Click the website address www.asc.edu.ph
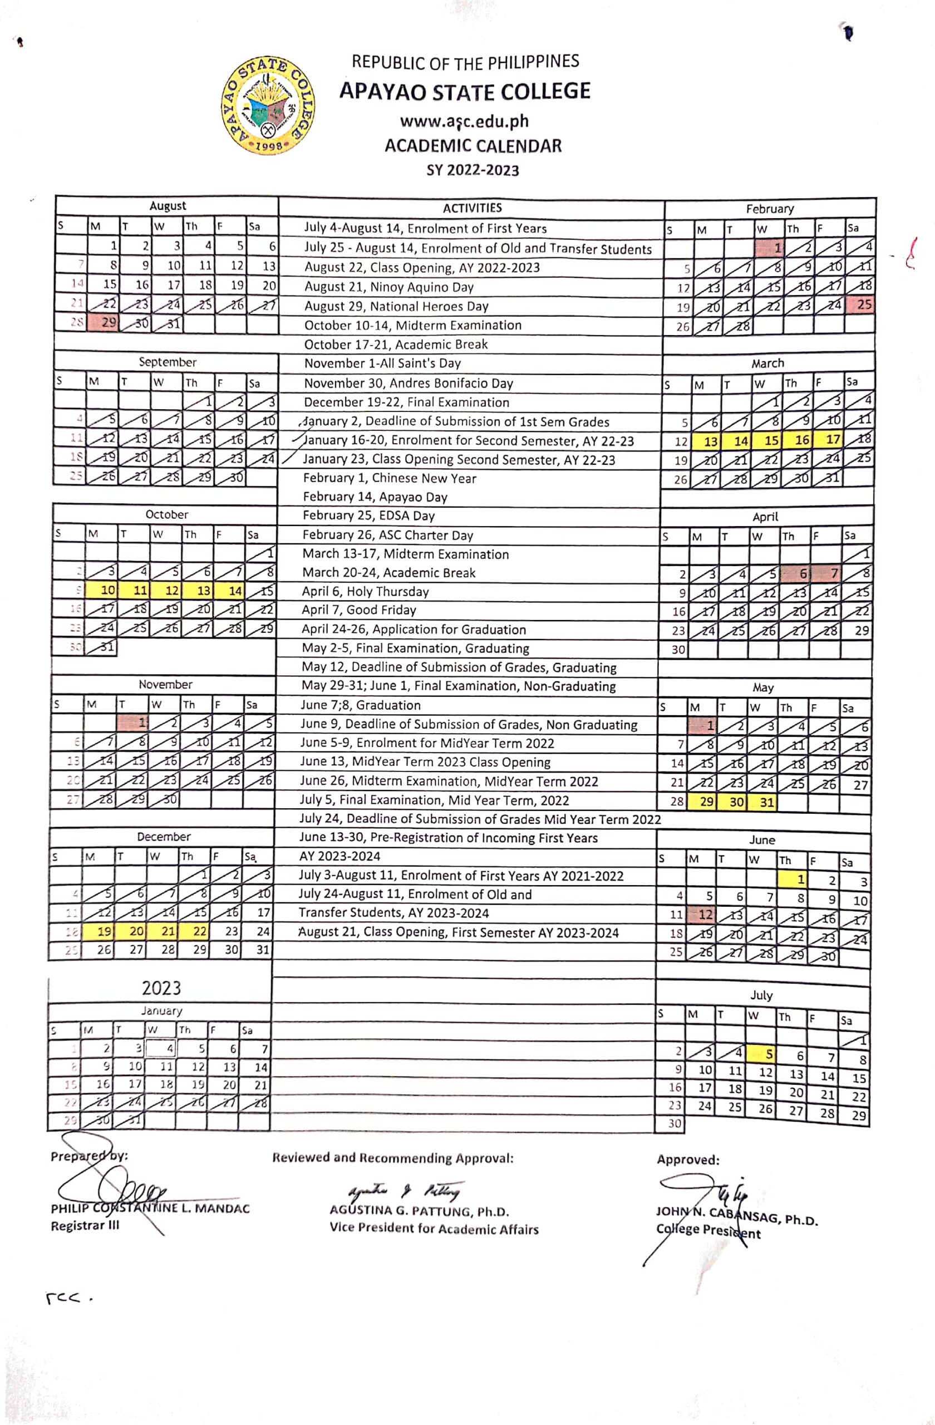(x=465, y=121)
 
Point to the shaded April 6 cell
(x=798, y=573)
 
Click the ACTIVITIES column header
(x=472, y=208)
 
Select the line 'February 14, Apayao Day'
(x=375, y=497)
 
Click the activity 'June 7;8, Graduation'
(x=360, y=705)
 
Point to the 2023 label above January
(x=161, y=987)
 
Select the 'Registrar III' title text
(x=85, y=1225)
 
